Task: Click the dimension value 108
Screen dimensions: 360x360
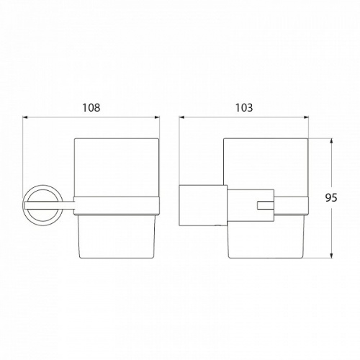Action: click(91, 108)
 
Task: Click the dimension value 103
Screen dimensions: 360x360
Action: click(244, 108)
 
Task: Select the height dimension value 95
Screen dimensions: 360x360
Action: click(331, 197)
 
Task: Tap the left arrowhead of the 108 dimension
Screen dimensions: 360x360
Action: click(25, 117)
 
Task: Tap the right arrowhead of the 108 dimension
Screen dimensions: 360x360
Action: click(157, 117)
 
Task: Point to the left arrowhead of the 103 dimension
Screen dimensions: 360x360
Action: click(181, 117)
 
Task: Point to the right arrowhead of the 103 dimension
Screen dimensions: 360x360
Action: click(306, 117)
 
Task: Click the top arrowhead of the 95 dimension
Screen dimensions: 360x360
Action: click(331, 141)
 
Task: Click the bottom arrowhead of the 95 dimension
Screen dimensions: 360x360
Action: click(331, 256)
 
